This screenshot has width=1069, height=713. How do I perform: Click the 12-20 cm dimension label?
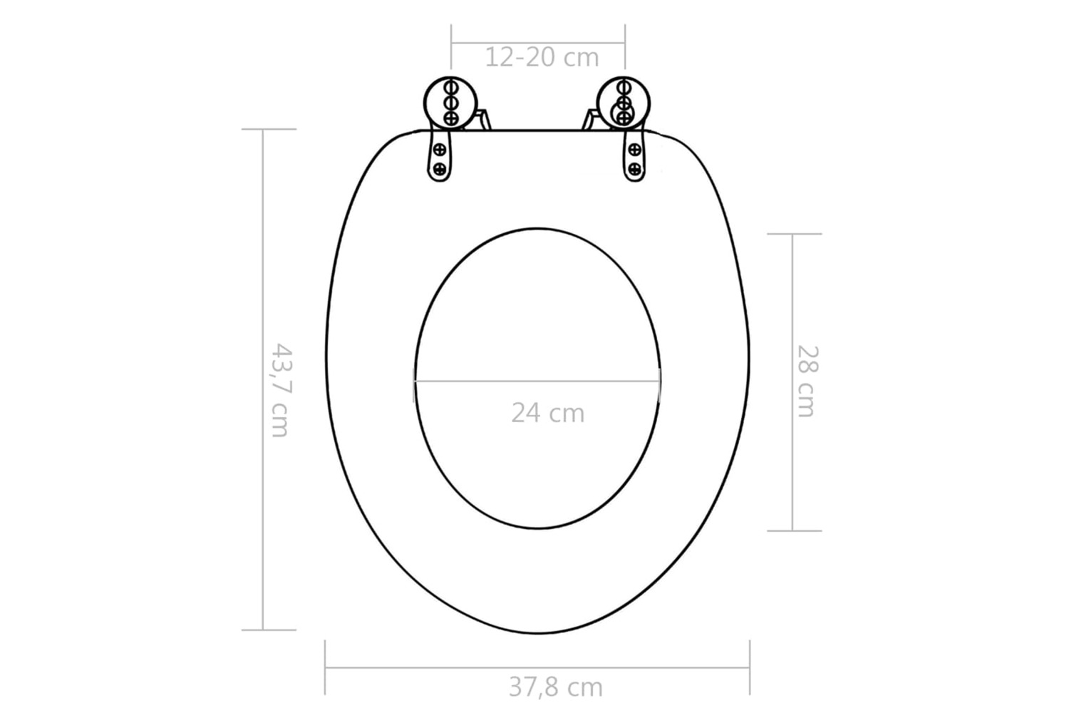(x=542, y=58)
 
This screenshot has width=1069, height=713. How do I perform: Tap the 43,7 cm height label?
(x=281, y=390)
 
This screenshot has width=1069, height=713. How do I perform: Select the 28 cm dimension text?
(x=807, y=381)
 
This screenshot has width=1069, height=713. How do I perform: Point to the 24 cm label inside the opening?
(x=548, y=413)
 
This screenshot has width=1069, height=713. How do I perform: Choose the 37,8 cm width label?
(x=555, y=688)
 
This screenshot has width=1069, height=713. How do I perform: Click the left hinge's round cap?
(x=450, y=103)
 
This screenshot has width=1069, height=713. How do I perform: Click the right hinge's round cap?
(x=624, y=103)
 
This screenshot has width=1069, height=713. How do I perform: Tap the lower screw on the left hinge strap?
(x=440, y=168)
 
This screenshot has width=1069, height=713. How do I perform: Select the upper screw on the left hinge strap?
(x=440, y=150)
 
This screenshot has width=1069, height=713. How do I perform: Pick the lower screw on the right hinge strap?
(x=634, y=168)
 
